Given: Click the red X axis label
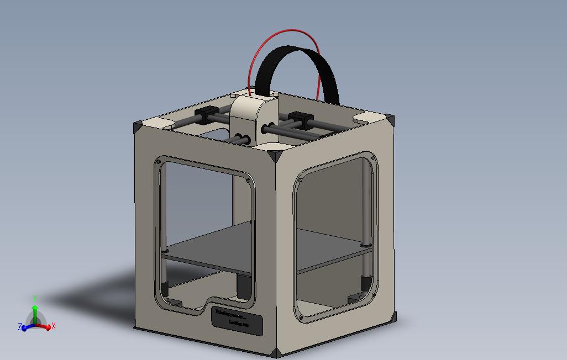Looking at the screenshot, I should coord(54,326).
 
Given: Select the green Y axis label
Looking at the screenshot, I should coord(35,298).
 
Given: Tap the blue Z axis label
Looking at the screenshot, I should coord(20,327).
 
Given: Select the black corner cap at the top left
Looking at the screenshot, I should coord(138,128).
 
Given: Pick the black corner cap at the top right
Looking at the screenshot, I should coord(391,121).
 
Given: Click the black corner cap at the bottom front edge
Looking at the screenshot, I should coord(276,353).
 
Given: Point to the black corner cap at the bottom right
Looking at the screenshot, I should coord(393,319).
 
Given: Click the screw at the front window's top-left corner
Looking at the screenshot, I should coord(159,162).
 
